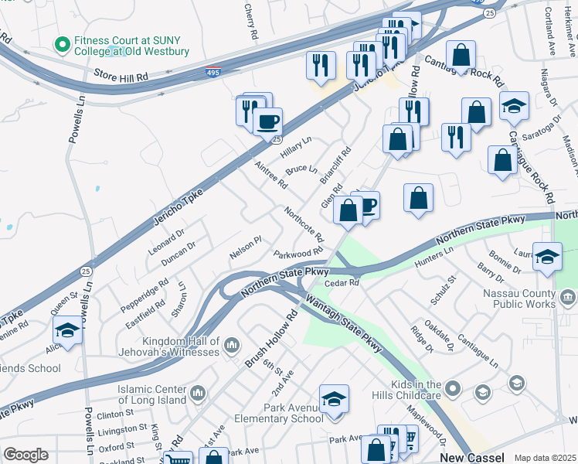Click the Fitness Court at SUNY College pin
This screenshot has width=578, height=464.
(61, 44)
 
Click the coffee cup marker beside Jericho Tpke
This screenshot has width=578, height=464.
(267, 121)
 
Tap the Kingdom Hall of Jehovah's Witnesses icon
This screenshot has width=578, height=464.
(233, 343)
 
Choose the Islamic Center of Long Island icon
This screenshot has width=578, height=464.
(199, 394)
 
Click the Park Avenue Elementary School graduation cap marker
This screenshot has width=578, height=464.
(334, 400)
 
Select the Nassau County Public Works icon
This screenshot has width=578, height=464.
(567, 298)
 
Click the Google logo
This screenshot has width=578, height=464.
(25, 455)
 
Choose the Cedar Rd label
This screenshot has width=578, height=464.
(342, 284)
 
